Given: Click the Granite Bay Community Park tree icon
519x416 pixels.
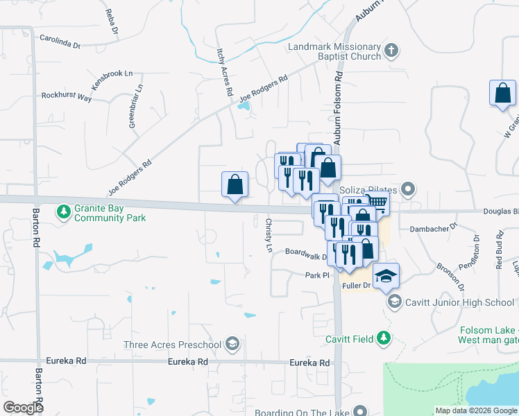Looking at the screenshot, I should (63, 210).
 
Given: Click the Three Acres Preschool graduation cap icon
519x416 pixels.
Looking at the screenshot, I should (233, 344).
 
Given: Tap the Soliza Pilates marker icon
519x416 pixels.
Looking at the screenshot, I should (408, 189).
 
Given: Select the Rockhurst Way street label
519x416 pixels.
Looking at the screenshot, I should (66, 97).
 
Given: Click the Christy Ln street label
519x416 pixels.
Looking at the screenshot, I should (269, 234).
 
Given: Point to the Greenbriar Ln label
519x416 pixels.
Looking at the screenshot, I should (135, 106).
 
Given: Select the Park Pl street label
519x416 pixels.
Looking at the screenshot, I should (316, 275).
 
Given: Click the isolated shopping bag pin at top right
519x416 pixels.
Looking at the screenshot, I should (502, 93).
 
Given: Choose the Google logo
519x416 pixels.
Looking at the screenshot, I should (23, 408).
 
